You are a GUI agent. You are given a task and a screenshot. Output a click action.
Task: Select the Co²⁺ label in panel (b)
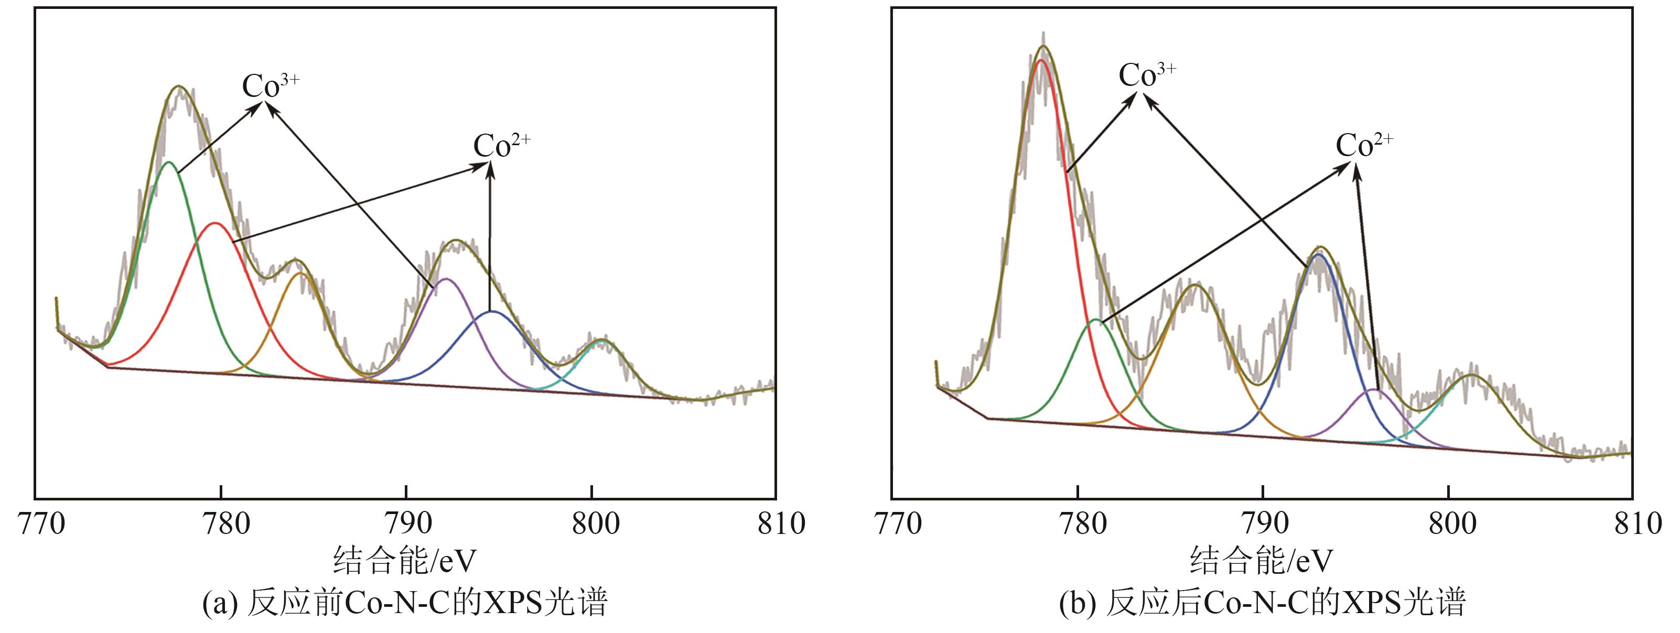(x=1364, y=145)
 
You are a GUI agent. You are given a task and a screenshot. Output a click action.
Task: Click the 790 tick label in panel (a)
(x=406, y=523)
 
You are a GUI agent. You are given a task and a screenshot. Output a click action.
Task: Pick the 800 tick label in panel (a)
(x=591, y=523)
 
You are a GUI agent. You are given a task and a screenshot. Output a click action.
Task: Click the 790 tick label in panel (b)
(x=1263, y=523)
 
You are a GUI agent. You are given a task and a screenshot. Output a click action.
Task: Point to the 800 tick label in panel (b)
(x=1448, y=523)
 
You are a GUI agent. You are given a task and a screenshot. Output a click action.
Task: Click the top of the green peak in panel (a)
(x=169, y=162)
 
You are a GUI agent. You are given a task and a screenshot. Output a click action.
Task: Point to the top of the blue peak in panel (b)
(x=1318, y=255)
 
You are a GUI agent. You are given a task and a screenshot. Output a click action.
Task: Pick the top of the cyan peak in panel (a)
(x=601, y=340)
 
